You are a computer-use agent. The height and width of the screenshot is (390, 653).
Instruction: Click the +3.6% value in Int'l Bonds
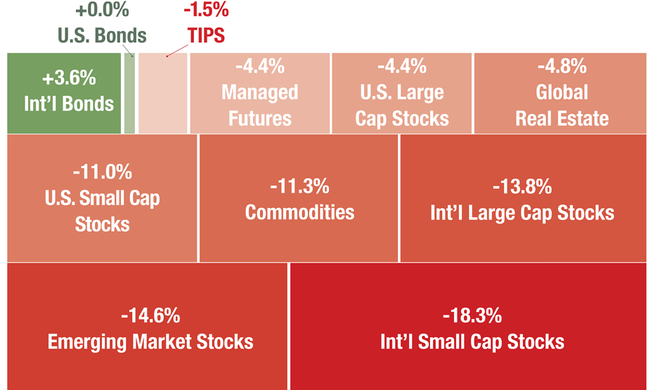69,78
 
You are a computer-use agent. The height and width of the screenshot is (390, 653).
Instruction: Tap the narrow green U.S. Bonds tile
129,93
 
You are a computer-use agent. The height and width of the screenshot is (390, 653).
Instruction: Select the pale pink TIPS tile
163,93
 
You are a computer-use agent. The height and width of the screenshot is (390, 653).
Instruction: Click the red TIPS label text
206,35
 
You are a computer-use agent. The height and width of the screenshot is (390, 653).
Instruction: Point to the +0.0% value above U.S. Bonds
102,10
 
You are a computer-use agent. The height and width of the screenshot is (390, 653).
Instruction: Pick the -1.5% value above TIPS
206,10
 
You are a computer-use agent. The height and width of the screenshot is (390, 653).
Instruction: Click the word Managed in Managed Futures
260,92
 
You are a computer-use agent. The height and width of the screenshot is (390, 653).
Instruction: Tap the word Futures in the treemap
260,119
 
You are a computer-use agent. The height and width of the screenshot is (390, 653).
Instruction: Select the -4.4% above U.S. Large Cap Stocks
402,66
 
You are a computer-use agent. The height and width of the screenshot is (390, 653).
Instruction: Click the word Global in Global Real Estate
562,92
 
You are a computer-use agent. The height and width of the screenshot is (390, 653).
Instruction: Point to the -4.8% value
562,66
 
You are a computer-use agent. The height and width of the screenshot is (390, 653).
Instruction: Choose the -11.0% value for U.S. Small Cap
103,172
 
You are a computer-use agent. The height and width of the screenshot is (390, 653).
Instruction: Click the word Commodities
299,212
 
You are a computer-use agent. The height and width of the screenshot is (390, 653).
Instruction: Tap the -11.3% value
299,186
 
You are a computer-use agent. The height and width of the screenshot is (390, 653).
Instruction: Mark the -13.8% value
522,186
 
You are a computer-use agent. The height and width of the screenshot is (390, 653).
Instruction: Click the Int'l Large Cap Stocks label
522,213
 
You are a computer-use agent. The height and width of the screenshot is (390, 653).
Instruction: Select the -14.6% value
150,316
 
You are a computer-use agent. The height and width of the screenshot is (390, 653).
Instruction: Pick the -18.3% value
472,316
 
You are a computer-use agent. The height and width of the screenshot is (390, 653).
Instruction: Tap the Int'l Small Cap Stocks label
472,342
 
